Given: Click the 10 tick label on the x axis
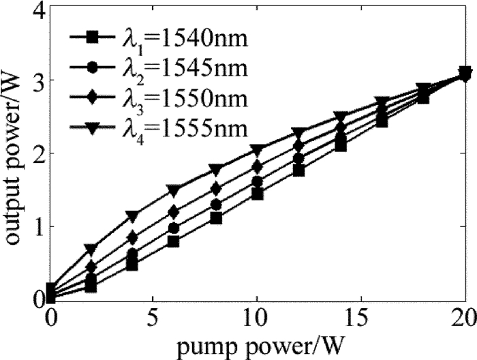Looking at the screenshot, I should point(256,318).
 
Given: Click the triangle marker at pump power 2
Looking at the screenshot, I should point(91,248).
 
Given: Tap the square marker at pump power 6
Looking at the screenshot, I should point(173,241).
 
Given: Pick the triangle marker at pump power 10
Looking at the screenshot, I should point(256,149).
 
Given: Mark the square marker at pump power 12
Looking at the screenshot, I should point(298,170).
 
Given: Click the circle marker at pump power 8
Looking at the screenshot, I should point(215,205).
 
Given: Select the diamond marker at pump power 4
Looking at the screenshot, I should point(132,237).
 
